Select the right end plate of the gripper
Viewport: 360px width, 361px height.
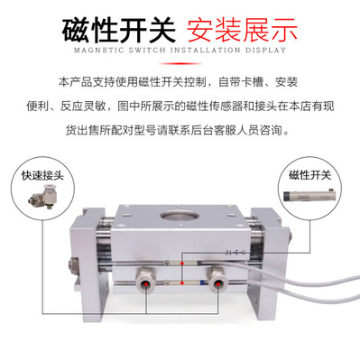pos(272,262)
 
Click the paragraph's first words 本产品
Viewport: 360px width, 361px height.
pos(71,83)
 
